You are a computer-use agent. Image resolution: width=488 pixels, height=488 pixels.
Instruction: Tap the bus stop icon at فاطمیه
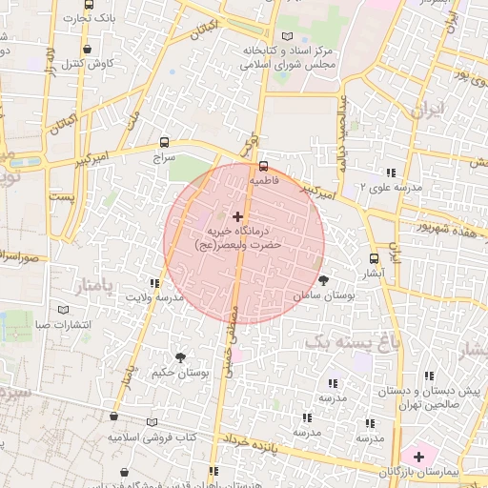264,166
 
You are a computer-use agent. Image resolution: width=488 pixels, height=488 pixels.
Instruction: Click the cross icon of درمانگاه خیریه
237,217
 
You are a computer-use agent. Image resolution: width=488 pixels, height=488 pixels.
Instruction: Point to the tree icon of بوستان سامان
325,280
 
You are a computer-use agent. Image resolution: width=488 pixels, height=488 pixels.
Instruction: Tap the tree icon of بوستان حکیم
180,356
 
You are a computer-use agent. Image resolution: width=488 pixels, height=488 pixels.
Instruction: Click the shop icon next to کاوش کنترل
89,50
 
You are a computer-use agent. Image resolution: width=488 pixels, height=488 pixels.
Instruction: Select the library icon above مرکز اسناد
288,35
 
